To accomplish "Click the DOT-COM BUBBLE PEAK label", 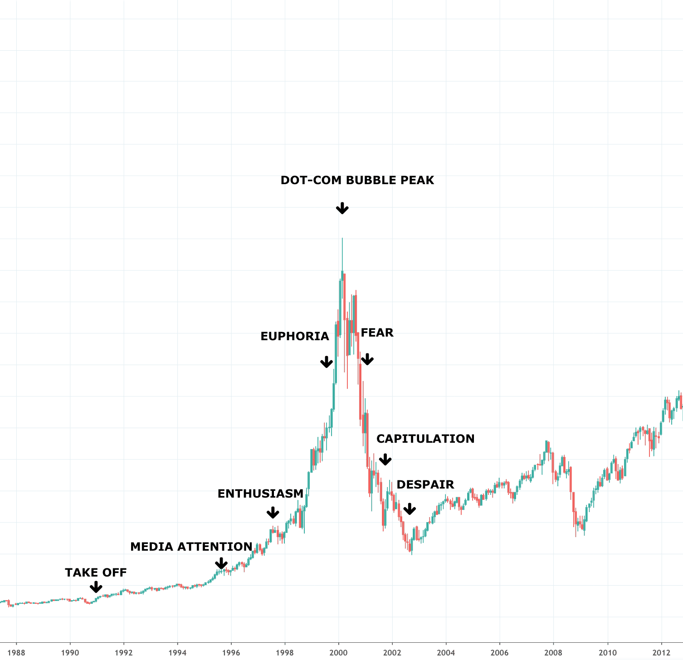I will point(357,180).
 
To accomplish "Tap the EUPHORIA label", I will point(294,336).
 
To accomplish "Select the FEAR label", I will point(377,332).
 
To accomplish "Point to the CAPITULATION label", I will point(425,439).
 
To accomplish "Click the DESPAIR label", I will point(425,484).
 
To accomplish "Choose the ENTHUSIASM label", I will point(260,494).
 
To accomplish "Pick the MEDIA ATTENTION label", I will point(191,547).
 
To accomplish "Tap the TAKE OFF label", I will point(96,572).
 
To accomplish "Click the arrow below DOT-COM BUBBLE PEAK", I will point(342,208).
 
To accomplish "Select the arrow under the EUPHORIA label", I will point(327,362).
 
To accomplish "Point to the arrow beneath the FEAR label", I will point(367,359).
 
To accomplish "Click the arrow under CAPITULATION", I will point(385,460).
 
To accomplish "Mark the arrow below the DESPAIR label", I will point(410,509).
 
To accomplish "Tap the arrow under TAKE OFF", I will point(96,587).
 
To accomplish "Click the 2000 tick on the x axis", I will point(338,653).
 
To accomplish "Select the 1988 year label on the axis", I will point(16,653).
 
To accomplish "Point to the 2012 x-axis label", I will point(661,653).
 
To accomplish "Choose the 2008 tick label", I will point(554,653).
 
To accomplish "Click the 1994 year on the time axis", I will point(177,653).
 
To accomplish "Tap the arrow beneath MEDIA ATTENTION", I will point(221,563).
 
